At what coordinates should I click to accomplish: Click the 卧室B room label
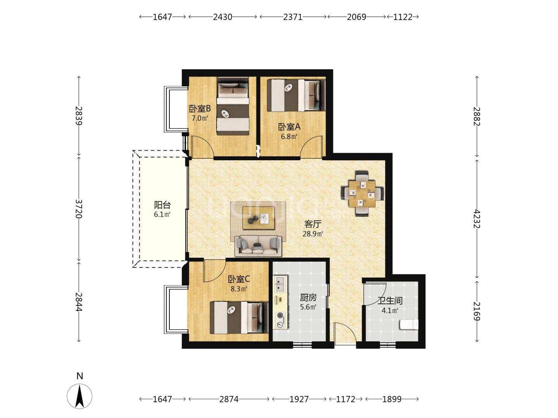coord(200,109)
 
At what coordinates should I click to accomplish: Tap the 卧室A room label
coord(289,127)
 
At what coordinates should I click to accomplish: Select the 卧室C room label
coord(239,279)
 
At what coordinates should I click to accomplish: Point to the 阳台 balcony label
coord(162,205)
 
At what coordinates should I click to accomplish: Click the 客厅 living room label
coord(313,224)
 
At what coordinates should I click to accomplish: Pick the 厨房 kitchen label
coord(308,297)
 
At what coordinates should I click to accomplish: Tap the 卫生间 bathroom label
coord(390,301)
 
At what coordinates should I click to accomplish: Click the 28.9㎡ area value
coord(313,234)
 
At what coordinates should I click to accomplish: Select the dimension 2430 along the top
coord(222,17)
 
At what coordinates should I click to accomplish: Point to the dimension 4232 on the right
coord(477,219)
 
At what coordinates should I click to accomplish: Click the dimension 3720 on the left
coord(79,209)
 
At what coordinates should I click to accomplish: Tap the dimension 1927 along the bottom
coord(299,399)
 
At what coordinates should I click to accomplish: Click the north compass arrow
coord(79,396)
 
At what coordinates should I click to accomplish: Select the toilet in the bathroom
coord(409,325)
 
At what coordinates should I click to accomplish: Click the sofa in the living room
coord(258,246)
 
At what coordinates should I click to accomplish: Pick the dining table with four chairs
coord(362,194)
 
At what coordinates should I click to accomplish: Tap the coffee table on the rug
coord(258,218)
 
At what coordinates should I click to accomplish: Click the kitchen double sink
coord(280,284)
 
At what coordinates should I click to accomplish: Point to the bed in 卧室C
coord(239,317)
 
